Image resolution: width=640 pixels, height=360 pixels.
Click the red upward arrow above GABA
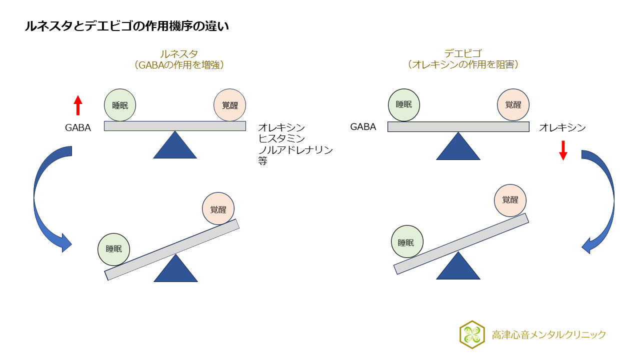(77, 105)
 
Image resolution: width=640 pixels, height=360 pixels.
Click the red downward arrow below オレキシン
(563, 150)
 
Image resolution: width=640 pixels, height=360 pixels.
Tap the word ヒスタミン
(281, 139)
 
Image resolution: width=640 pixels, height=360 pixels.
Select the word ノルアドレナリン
(295, 150)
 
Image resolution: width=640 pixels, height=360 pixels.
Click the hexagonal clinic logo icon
(472, 334)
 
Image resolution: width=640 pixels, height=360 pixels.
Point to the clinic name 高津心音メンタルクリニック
(548, 335)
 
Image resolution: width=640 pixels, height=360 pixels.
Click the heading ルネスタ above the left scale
(179, 54)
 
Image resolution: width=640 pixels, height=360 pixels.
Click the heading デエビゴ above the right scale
(462, 54)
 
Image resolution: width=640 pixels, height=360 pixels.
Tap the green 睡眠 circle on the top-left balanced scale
(120, 105)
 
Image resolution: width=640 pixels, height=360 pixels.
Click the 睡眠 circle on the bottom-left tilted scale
(114, 249)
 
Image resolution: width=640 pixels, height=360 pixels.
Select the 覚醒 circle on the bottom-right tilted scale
(510, 200)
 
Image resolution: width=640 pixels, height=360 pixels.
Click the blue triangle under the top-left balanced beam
(175, 146)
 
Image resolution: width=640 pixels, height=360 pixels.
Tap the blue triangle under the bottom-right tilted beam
(458, 266)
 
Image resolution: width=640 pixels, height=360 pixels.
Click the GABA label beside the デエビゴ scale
(363, 127)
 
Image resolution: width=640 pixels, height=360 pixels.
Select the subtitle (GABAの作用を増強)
(179, 65)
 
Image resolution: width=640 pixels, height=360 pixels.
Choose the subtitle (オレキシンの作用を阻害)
(462, 65)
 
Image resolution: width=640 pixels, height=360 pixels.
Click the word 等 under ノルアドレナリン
(263, 161)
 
